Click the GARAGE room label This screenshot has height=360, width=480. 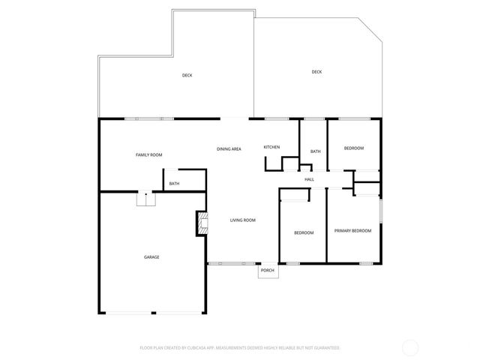coord(151,257)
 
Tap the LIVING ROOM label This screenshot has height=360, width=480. coord(243,220)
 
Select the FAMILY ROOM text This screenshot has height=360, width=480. coord(148,154)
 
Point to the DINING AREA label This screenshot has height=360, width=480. coord(229,149)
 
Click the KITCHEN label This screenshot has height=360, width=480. coord(271,147)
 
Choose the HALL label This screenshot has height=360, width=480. coord(309,179)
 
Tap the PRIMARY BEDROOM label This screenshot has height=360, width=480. coord(352,231)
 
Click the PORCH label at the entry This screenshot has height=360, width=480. coord(268,271)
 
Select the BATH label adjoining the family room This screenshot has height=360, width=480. coord(174,184)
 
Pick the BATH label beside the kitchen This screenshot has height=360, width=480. coord(316,151)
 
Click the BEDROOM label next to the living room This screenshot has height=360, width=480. coord(304,232)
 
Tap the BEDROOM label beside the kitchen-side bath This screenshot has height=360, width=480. coord(354,148)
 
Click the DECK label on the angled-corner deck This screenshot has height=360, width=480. coord(316,72)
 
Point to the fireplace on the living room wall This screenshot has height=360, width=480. coord(200,223)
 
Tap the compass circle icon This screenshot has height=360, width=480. coord(410,347)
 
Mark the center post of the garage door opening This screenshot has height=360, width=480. coord(153,313)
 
